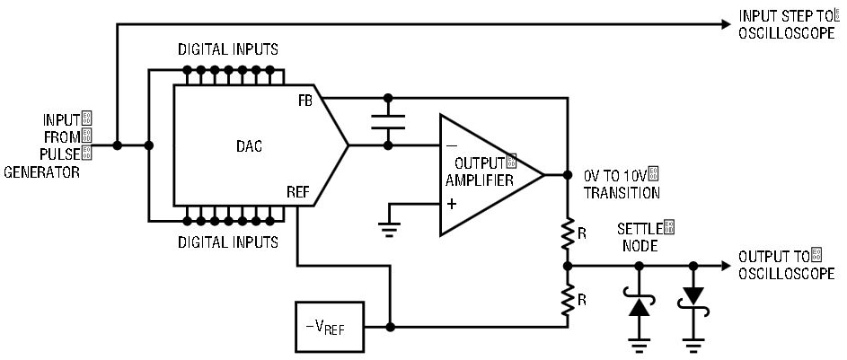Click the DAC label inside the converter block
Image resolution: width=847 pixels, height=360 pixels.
(249, 145)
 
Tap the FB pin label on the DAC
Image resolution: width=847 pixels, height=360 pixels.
(304, 101)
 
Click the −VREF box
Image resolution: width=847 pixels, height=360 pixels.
(329, 327)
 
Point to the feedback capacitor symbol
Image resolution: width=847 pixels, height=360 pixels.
(388, 122)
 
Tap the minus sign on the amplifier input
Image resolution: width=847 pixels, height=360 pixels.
(452, 146)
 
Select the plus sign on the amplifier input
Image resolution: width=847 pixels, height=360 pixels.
(452, 204)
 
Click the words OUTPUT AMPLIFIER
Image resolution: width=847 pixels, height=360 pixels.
(480, 171)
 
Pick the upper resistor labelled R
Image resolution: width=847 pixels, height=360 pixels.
(567, 233)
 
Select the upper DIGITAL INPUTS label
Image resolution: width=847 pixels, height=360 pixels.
(228, 49)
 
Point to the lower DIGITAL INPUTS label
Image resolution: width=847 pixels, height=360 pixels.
(228, 241)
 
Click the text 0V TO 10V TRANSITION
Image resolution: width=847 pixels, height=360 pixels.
(622, 183)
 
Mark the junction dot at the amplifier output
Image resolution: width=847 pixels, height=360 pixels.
(567, 175)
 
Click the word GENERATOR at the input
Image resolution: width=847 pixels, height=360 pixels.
(41, 172)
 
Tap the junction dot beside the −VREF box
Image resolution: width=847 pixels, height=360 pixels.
(391, 327)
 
